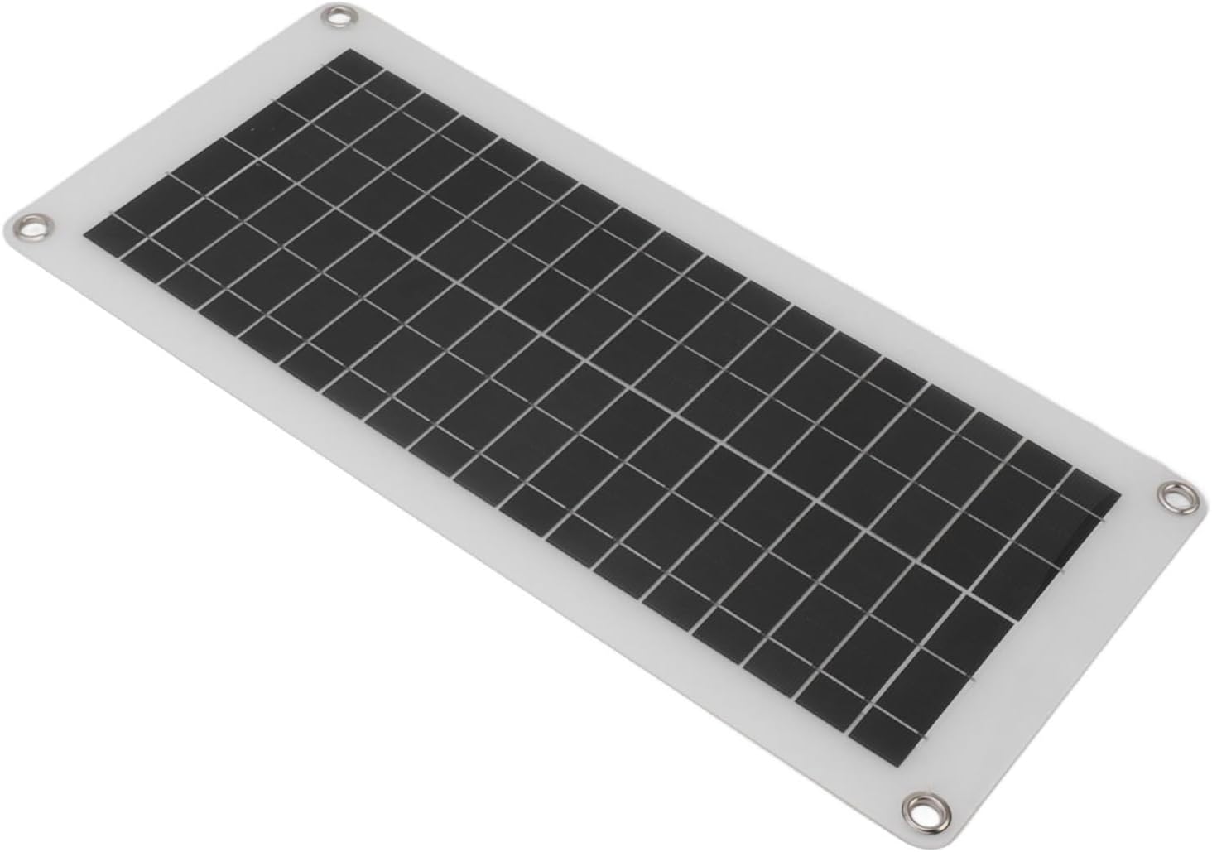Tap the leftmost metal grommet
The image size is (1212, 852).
(x=34, y=225)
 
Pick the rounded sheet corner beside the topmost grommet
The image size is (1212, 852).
(x=327, y=7)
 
